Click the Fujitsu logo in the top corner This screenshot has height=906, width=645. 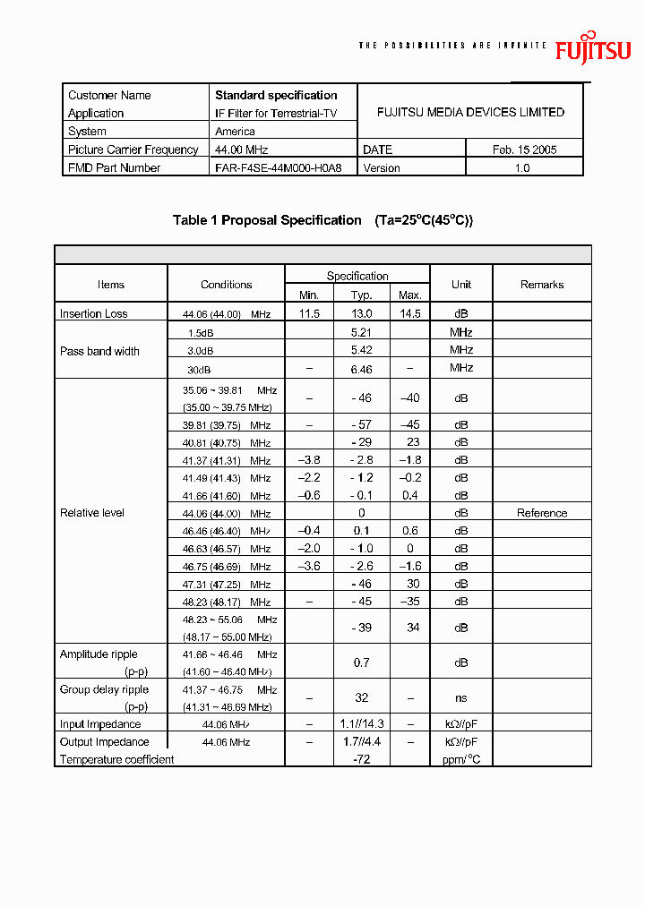592,48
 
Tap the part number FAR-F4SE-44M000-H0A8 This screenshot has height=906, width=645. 278,168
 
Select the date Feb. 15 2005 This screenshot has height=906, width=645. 524,150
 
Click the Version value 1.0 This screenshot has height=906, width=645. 522,168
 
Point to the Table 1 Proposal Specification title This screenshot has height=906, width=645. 267,220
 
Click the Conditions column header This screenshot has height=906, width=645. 226,285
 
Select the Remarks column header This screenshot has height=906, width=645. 542,285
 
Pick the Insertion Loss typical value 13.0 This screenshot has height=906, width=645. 361,313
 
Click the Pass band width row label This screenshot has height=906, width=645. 99,351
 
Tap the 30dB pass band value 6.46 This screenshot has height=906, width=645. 361,368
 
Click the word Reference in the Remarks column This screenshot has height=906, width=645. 542,513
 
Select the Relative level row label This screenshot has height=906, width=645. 92,513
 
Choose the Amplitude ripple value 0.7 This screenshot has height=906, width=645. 361,662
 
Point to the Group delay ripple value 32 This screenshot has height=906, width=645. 361,697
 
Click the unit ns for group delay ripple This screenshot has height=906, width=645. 460,697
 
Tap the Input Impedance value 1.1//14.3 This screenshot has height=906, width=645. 363,724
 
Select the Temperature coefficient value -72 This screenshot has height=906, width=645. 361,759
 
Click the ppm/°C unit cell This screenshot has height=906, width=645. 460,759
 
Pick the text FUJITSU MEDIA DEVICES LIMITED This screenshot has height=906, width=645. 470,113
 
